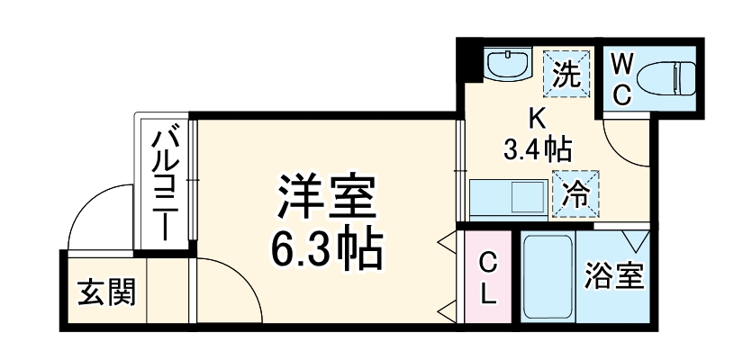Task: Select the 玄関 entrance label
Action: (106, 292)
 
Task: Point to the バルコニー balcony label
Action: (166, 183)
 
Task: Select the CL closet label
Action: (486, 278)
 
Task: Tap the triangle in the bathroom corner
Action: (637, 240)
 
